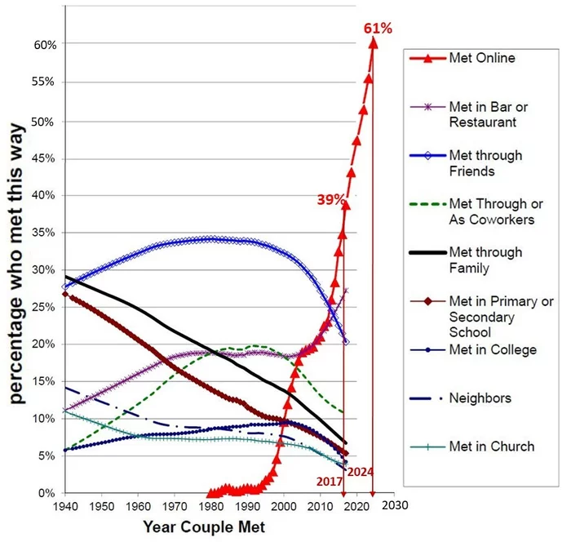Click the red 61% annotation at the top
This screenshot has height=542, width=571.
pos(378,29)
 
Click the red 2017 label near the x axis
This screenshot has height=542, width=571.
pos(329,482)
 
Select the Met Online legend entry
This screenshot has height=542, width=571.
pos(482,59)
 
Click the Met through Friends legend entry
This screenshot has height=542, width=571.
pos(485,163)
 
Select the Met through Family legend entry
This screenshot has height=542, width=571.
pos(485,260)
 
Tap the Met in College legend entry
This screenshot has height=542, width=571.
pos(493,350)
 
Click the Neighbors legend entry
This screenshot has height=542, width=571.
pos(479,398)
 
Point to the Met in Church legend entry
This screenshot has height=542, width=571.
pos(492,446)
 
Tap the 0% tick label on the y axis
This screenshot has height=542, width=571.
pos(47,493)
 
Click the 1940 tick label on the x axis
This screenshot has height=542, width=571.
pos(64,507)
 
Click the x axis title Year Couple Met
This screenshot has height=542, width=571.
pos(203,528)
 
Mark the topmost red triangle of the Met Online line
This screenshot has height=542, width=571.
pos(373,42)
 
